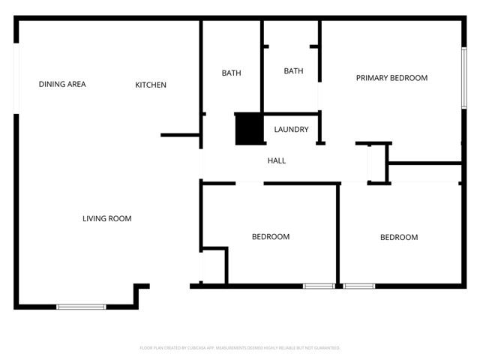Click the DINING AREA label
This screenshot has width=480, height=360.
click(x=62, y=85)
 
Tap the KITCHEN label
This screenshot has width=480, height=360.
click(x=151, y=85)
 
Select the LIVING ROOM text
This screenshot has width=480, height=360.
click(x=107, y=219)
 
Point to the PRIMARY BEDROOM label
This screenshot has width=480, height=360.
click(x=391, y=78)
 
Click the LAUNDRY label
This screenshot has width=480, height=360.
click(x=291, y=130)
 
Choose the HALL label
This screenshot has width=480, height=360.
click(x=277, y=160)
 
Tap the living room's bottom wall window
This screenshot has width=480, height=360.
click(x=82, y=306)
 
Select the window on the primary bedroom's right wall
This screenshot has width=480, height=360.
click(x=463, y=76)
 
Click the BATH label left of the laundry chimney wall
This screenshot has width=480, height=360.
click(x=231, y=73)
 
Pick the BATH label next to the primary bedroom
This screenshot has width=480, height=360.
click(x=293, y=71)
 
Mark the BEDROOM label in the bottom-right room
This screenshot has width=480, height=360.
click(x=399, y=238)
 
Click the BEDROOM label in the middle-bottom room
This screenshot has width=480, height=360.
click(x=271, y=237)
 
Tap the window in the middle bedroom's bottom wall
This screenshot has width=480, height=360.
click(x=319, y=286)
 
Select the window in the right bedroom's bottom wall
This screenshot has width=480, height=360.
click(x=359, y=286)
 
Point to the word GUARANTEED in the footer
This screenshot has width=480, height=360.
click(x=325, y=348)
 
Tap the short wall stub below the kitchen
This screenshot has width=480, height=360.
click(x=179, y=136)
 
